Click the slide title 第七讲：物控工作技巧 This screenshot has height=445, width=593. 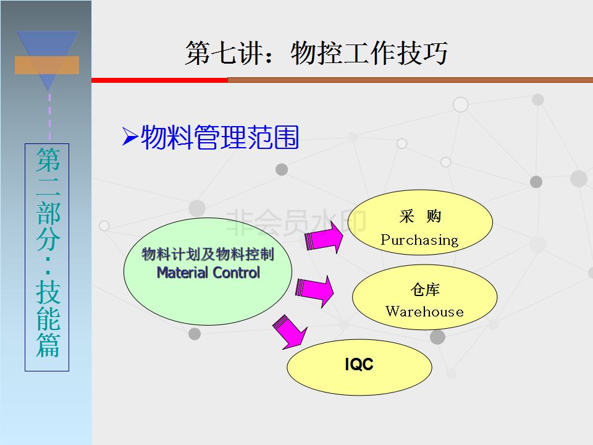click(x=316, y=53)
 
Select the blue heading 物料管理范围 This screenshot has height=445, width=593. click(x=220, y=137)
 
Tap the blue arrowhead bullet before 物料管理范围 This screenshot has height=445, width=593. click(x=130, y=136)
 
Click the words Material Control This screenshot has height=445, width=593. click(x=208, y=273)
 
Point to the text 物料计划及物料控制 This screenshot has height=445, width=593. click(x=208, y=254)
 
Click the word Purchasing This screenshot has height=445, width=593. click(x=419, y=240)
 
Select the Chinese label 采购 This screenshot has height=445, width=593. click(x=420, y=216)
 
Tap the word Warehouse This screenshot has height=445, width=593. click(x=425, y=311)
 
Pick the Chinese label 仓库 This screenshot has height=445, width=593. click(x=425, y=289)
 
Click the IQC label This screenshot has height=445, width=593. click(x=360, y=365)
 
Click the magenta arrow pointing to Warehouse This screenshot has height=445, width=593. click(x=314, y=290)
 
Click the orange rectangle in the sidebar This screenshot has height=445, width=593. click(x=47, y=65)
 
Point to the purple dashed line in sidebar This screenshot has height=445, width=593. click(x=49, y=117)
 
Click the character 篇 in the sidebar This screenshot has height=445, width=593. click(x=48, y=345)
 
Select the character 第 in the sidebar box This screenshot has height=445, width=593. click(x=48, y=159)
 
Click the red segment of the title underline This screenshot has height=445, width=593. click(x=159, y=80)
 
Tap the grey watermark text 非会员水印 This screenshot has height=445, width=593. click(x=296, y=222)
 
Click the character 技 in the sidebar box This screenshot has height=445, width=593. click(x=48, y=292)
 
